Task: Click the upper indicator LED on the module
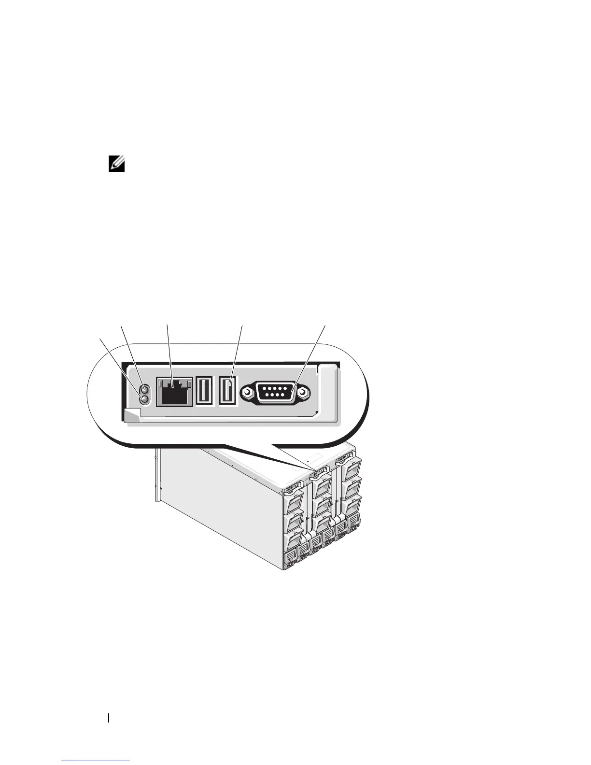coord(143,390)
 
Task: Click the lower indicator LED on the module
coord(143,399)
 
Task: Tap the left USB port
coord(204,391)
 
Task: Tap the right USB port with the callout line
coord(227,391)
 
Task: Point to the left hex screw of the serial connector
coord(247,392)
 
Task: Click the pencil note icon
coord(117,165)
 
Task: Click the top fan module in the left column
coord(295,505)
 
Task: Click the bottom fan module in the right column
coord(352,505)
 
